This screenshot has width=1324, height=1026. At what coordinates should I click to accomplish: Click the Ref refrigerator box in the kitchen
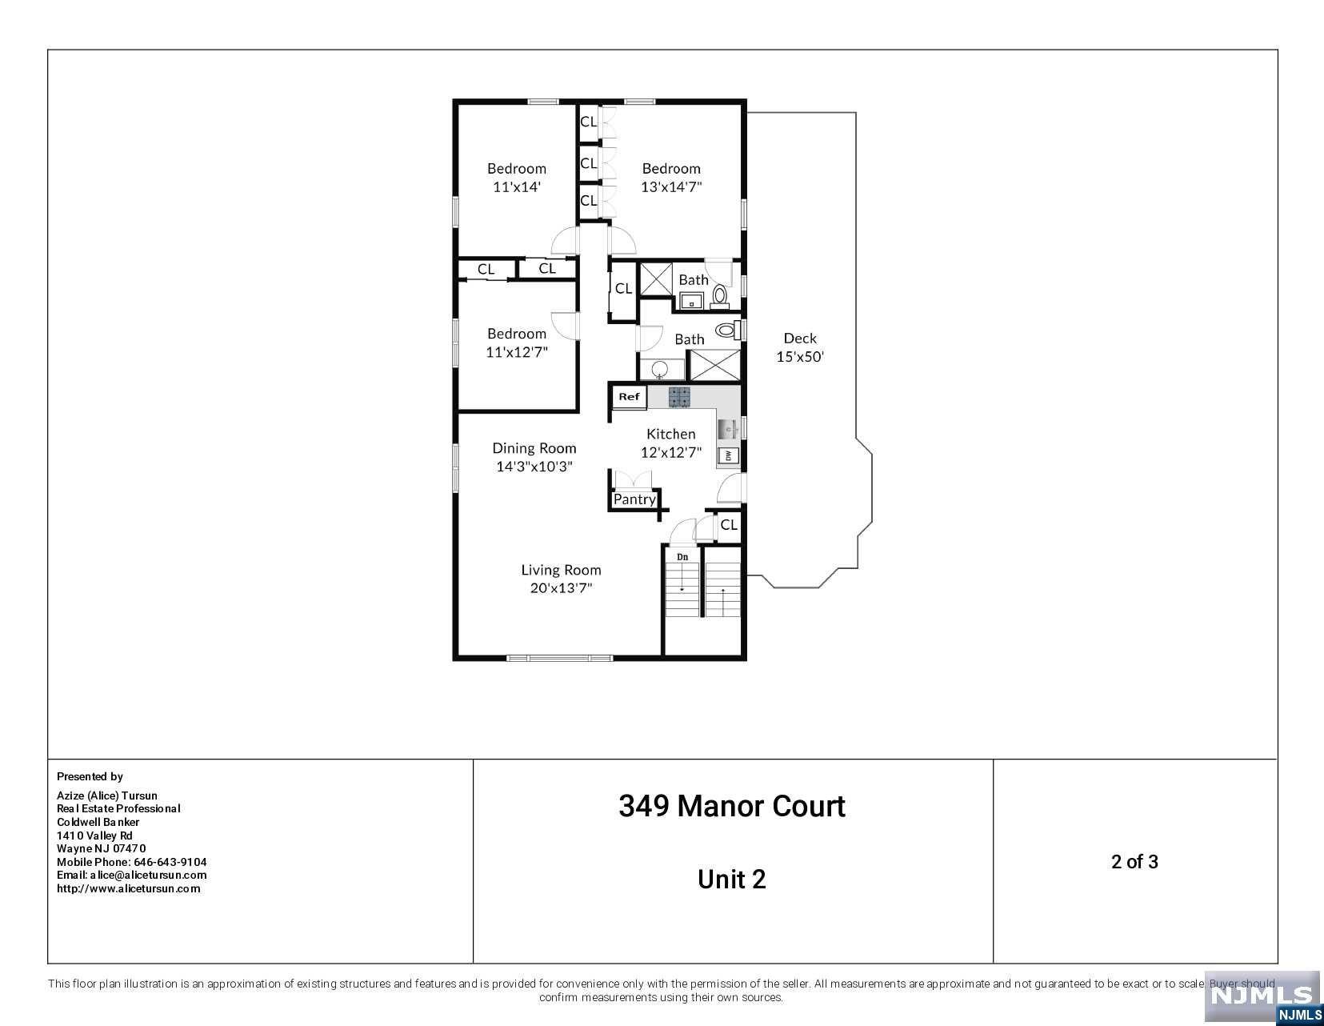point(629,397)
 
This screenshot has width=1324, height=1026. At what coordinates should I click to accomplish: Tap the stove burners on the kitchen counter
point(678,397)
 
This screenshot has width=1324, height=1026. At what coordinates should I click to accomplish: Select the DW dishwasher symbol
point(728,455)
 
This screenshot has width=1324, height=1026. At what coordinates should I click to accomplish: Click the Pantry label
point(634,499)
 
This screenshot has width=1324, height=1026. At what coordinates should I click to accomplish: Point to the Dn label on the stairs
point(682,557)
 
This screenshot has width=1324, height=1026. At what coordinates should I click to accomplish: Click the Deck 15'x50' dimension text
point(800,357)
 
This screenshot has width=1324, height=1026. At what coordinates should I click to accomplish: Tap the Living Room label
point(561,570)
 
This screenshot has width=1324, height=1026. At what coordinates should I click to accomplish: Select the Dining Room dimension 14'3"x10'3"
point(534,467)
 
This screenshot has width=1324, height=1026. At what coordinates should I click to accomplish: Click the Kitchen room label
point(671,434)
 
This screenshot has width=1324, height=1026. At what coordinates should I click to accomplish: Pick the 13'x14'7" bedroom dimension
point(671,187)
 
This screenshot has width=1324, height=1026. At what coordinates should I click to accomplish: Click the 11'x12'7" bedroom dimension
point(517,352)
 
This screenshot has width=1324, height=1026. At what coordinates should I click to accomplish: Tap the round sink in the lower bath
point(660,369)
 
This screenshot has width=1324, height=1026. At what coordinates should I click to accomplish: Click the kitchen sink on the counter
point(728,430)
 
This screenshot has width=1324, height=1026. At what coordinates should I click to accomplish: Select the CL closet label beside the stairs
point(729,524)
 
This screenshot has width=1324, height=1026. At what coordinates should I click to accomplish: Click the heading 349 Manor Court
point(732,806)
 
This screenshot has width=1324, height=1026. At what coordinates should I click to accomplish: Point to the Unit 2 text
point(732,880)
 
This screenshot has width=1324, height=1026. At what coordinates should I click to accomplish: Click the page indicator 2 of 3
point(1134,861)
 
